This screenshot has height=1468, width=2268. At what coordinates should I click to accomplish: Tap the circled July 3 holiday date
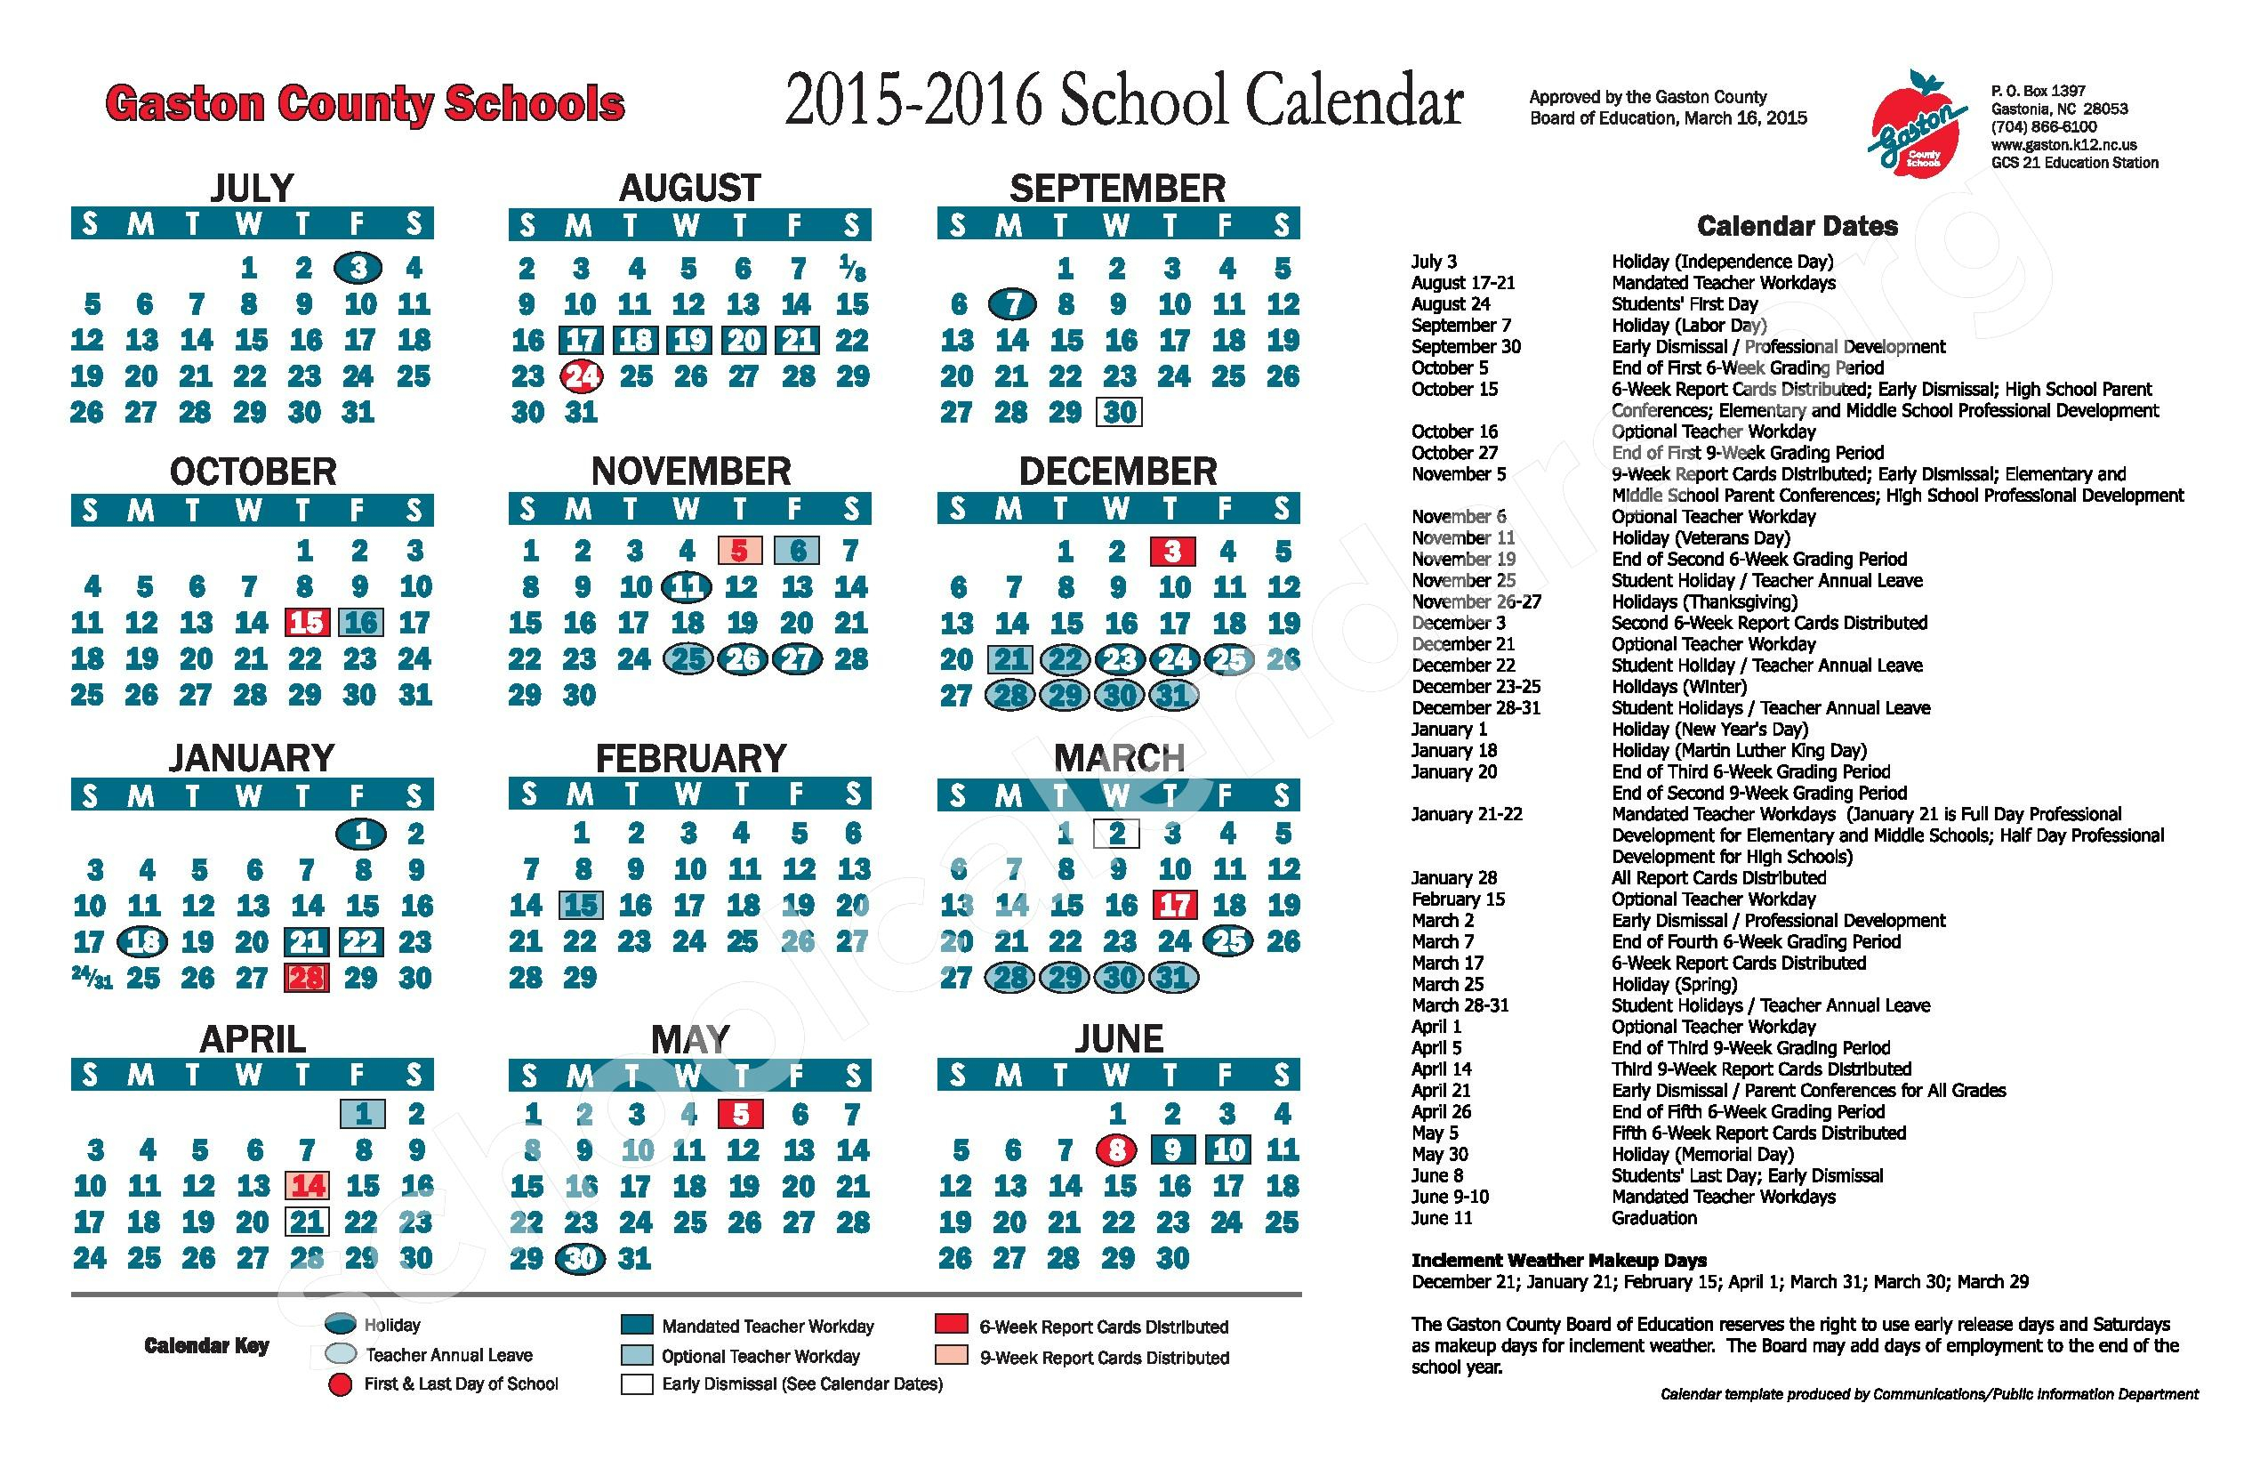coord(358,268)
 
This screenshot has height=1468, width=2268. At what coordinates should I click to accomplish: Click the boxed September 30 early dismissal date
coord(1119,412)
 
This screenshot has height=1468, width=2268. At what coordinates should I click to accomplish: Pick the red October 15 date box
coord(307,623)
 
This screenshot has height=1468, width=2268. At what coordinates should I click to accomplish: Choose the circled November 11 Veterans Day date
coord(687,586)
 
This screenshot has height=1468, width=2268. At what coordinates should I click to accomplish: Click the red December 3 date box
coord(1173,551)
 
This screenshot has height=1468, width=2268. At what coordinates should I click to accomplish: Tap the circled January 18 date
coord(142,942)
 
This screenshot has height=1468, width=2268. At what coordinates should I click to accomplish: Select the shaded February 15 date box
coord(580,905)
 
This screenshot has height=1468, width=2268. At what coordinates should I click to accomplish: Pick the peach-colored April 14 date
coord(308,1185)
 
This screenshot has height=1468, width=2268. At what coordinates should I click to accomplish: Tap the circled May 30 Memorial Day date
coord(580,1258)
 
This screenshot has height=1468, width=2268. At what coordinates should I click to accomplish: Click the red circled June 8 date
coord(1118,1149)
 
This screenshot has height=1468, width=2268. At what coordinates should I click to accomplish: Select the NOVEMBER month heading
coord(690,471)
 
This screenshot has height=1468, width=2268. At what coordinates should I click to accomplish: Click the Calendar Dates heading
coord(1797,226)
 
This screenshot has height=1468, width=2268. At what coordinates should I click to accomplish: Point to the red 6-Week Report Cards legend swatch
coord(951,1324)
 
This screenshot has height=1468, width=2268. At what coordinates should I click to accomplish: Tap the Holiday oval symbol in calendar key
coord(340,1324)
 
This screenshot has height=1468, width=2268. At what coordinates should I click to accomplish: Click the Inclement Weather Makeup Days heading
coord(1558,1260)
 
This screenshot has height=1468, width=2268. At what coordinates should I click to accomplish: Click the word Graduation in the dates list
coord(1653,1217)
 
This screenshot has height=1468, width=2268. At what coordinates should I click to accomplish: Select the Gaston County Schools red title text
coord(364,103)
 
